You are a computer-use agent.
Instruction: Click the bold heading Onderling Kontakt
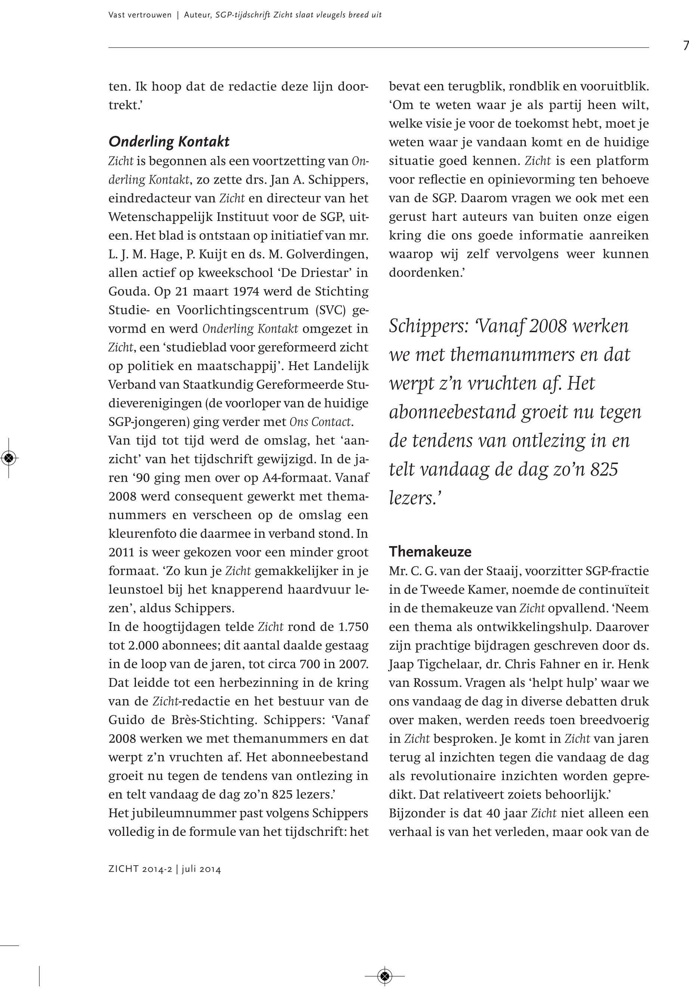click(169, 141)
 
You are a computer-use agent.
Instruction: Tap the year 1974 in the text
click(246, 292)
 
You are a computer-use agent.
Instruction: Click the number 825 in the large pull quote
click(604, 470)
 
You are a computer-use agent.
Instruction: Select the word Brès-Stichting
click(220, 720)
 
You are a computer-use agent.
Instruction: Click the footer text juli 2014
click(201, 869)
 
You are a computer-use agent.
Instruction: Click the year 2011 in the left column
click(122, 552)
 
